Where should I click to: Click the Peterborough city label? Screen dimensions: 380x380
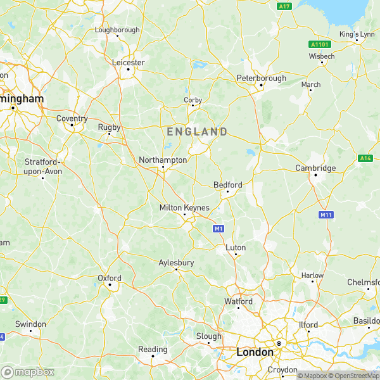(261, 78)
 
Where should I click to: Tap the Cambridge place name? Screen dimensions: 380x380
(315, 168)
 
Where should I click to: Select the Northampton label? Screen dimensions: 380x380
(163, 160)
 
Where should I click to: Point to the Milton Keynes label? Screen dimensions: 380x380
(184, 208)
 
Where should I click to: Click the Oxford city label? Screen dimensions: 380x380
(109, 277)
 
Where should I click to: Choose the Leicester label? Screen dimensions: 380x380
(129, 62)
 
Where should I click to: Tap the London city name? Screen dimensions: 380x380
(255, 351)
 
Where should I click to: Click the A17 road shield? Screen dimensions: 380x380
(284, 6)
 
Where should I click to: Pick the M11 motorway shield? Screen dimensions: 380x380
(326, 215)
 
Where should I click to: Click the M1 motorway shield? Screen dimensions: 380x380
(218, 228)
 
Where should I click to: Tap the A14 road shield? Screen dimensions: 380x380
(365, 158)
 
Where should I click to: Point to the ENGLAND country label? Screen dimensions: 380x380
(197, 132)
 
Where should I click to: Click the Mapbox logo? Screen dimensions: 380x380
(28, 372)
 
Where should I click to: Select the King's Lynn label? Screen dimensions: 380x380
(357, 34)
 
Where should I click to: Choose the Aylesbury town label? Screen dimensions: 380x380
(176, 262)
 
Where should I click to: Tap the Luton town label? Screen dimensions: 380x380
(236, 247)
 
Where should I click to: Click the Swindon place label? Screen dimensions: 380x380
(30, 324)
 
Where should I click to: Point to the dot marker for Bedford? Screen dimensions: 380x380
(228, 191)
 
